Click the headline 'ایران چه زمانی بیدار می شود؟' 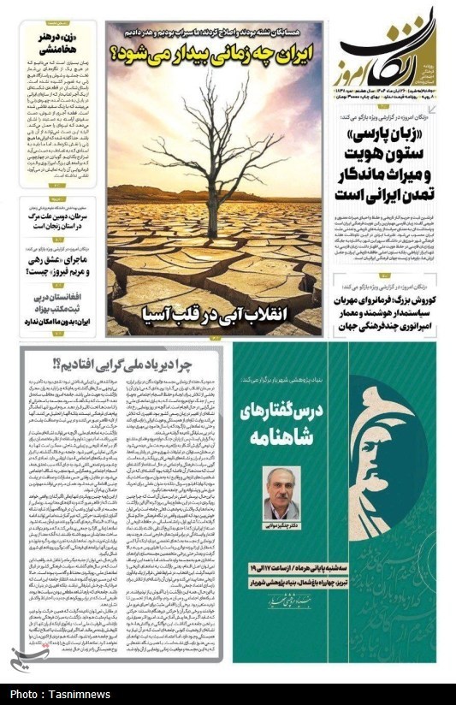click(x=214, y=58)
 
